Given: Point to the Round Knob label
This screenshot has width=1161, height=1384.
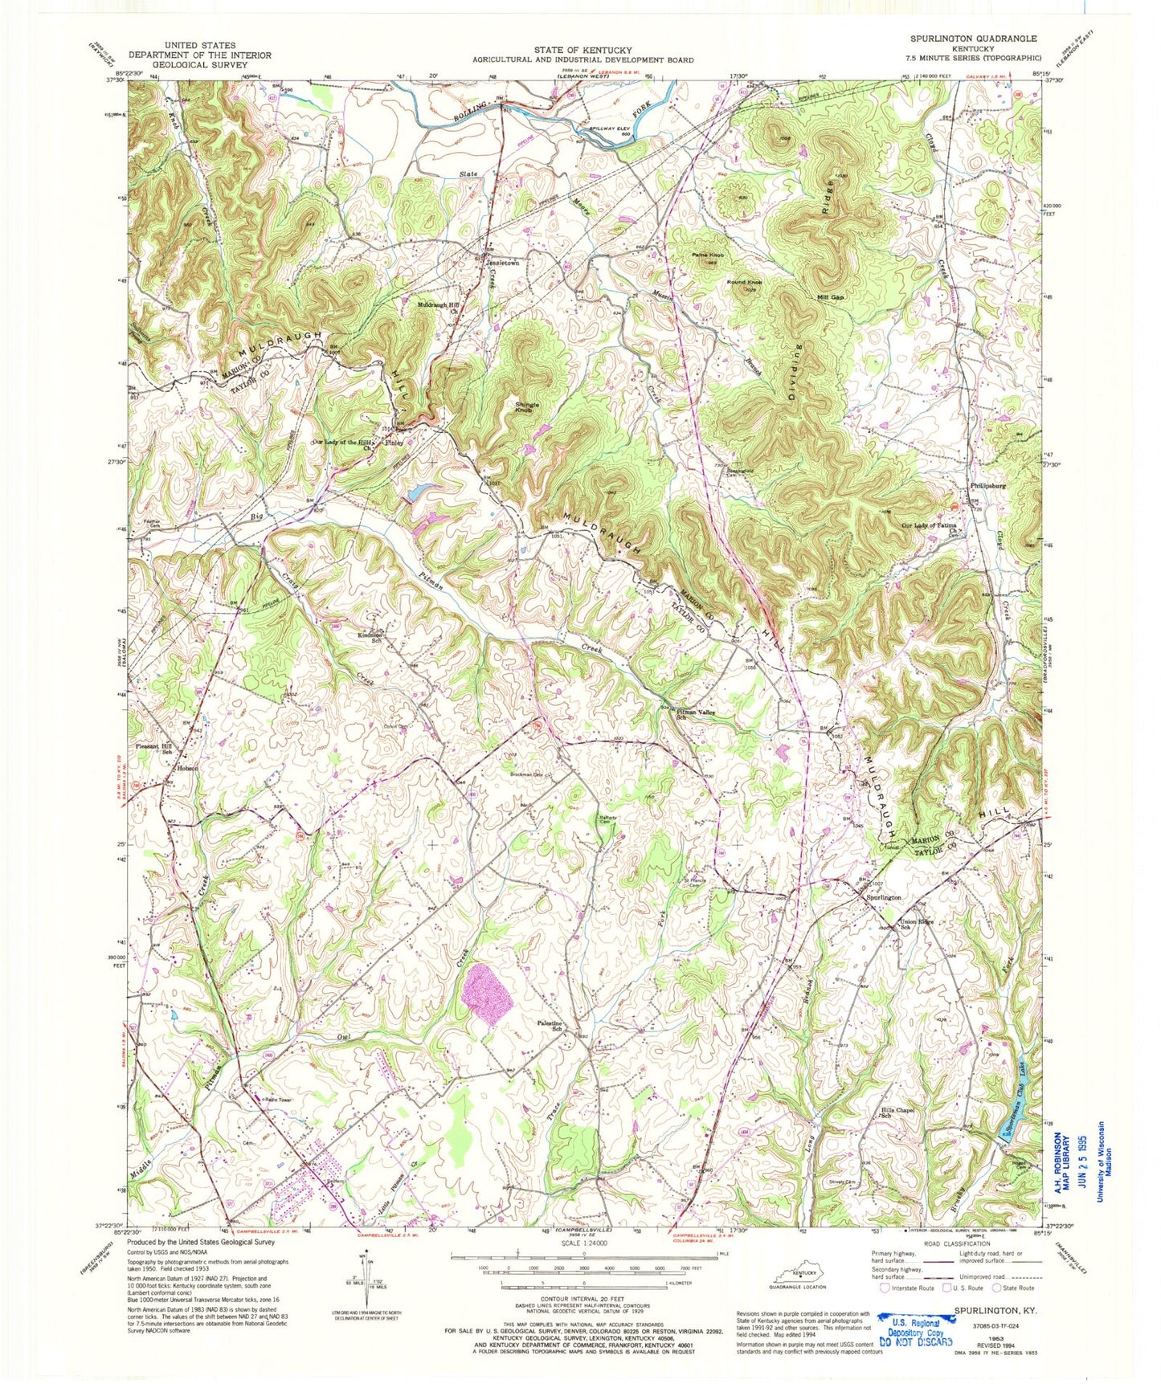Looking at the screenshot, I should (x=744, y=283).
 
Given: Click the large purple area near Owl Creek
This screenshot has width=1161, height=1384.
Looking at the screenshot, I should (x=488, y=994).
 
